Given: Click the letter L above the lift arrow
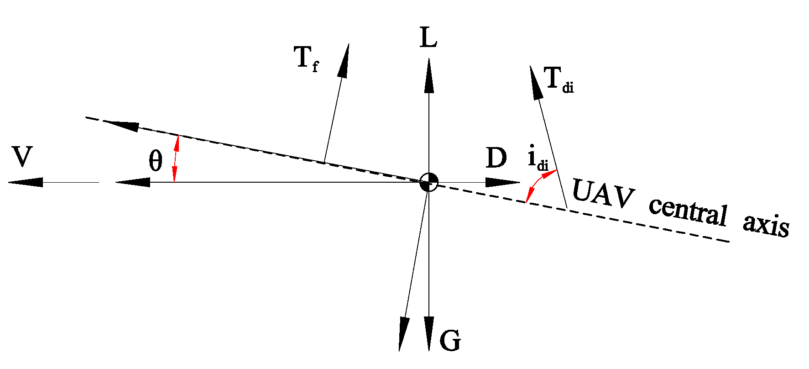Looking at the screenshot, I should (x=428, y=37).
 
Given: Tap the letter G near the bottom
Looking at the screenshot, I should (x=450, y=340).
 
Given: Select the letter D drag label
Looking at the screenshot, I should (x=496, y=158).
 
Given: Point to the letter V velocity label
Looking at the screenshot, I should (x=22, y=157).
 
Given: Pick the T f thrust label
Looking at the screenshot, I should (x=305, y=59).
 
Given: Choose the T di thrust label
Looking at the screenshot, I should (x=558, y=79).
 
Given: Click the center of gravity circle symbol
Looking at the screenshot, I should (x=428, y=182).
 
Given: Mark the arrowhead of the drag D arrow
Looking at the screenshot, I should (x=502, y=182).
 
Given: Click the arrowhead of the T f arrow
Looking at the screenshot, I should (x=344, y=61).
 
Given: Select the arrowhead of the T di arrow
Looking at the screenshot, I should (x=536, y=83).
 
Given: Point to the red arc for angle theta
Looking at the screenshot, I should (x=176, y=159).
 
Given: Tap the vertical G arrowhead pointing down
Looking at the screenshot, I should (x=428, y=333).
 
